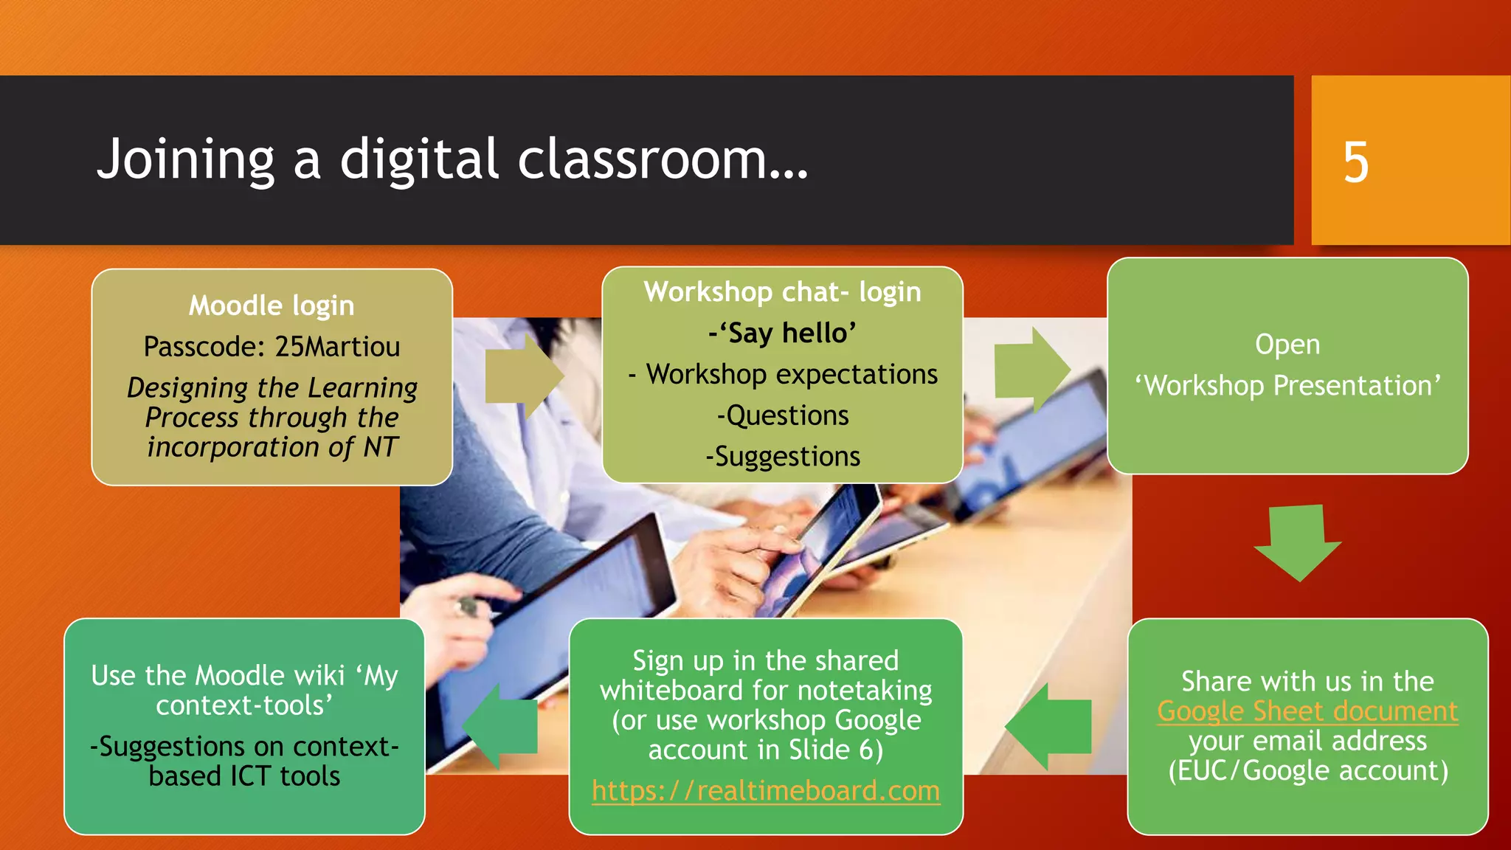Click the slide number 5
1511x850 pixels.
(1355, 162)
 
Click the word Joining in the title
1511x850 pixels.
(185, 160)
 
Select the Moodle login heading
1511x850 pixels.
(272, 305)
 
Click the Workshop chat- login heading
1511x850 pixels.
(782, 292)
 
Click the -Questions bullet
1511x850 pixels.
(783, 415)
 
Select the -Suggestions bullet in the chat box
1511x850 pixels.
(783, 457)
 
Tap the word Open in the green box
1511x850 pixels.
(1287, 345)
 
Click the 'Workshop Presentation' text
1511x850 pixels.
(1287, 386)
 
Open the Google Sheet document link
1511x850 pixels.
(1307, 711)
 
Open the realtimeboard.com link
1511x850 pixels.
(766, 791)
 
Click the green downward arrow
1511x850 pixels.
(1298, 542)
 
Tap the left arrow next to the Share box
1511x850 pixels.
(1048, 726)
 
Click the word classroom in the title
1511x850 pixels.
(641, 160)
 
